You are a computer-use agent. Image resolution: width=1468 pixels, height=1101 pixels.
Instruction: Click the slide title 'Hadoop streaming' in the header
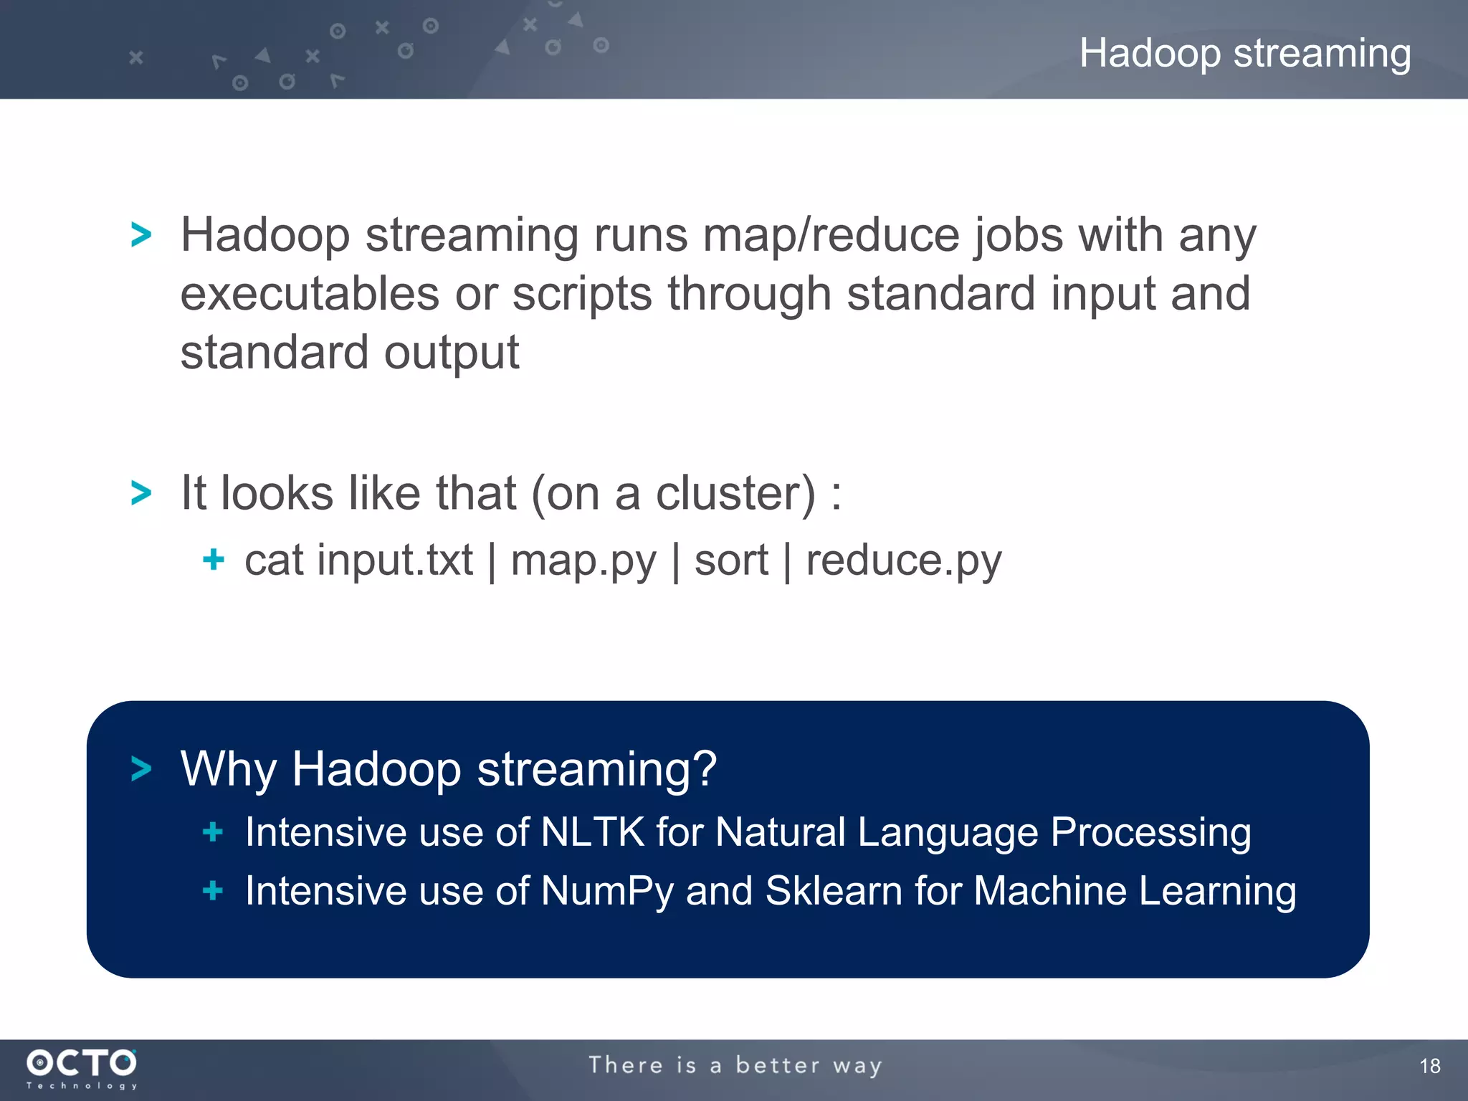pos(1245,54)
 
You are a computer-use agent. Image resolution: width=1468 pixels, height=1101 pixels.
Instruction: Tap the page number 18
pos(1429,1066)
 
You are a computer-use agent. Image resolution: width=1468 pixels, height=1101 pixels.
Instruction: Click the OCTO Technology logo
pos(82,1067)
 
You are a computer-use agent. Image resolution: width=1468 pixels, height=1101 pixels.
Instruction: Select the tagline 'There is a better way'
pos(735,1065)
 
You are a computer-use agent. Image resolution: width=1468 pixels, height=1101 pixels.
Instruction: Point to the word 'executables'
pos(309,294)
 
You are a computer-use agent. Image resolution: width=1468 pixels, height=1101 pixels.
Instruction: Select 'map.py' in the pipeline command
pos(583,561)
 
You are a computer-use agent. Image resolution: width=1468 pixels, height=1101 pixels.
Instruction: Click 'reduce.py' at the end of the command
pos(903,561)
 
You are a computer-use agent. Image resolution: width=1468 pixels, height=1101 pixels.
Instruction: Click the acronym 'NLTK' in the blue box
pos(593,832)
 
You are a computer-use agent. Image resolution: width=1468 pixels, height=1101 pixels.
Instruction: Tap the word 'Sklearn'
pos(834,891)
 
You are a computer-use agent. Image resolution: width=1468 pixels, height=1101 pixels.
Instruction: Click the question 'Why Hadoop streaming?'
pos(448,769)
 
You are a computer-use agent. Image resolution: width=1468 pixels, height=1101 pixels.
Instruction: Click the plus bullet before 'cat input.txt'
pos(214,559)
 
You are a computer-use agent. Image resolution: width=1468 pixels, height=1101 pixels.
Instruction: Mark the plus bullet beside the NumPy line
pos(213,891)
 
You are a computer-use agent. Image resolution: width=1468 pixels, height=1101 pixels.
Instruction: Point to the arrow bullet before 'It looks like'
pos(141,493)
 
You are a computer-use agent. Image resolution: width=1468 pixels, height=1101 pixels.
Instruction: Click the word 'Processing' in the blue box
pos(1150,833)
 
